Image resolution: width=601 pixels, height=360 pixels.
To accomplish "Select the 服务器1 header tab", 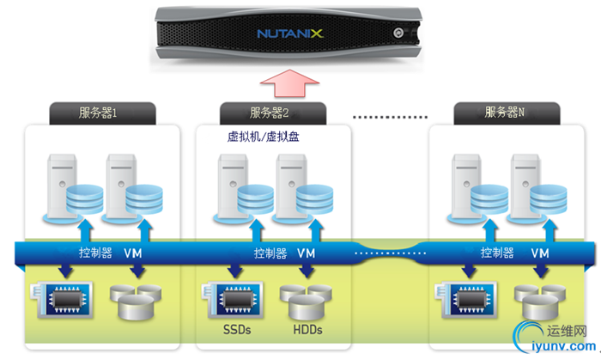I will point(104,113).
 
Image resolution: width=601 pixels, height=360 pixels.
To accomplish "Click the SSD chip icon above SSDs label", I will point(230,296).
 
